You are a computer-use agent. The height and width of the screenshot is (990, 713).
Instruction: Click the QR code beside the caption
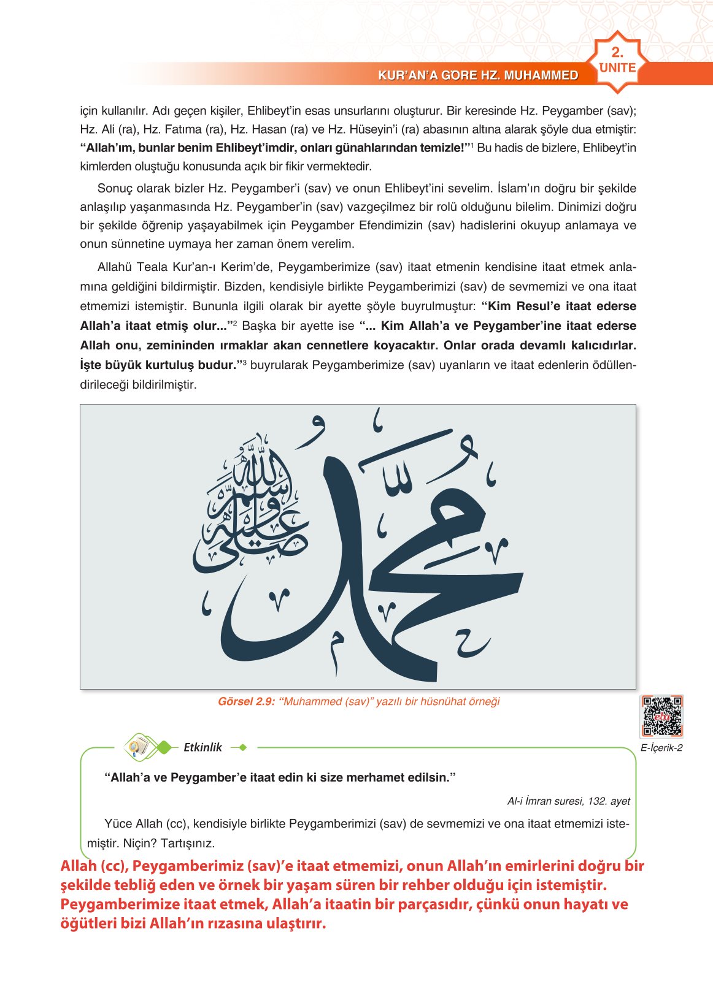pos(661,715)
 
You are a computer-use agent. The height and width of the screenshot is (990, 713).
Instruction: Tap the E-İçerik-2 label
pos(661,748)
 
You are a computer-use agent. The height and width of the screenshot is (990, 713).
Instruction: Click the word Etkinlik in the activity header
pos(202,747)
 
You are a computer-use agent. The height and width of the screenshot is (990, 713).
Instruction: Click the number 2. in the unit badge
pos(617,53)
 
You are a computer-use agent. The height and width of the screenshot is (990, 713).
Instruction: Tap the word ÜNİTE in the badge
pos(617,68)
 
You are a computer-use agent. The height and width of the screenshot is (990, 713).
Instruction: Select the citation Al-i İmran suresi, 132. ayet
pos(568,801)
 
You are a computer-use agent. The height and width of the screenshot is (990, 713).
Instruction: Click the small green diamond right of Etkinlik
pos(242,747)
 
